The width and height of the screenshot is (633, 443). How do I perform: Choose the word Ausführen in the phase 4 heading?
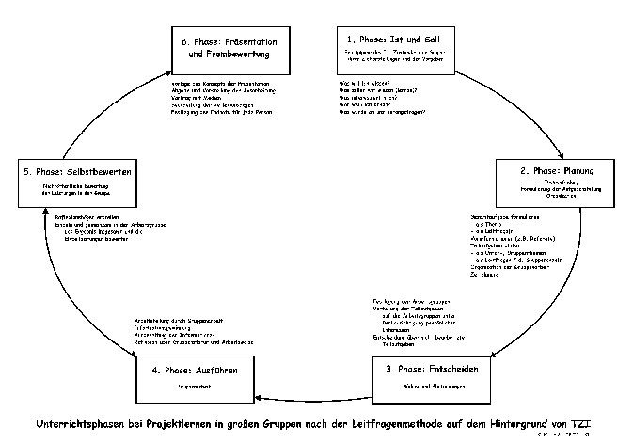218,370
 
